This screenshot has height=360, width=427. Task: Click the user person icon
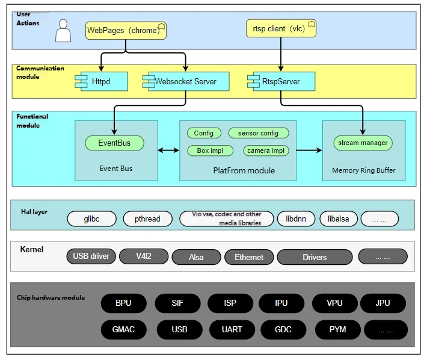pyautogui.click(x=63, y=31)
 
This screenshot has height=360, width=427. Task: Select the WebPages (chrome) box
pyautogui.click(x=126, y=31)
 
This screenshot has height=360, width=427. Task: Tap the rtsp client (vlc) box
pyautogui.click(x=281, y=28)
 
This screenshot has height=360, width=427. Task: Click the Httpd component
pyautogui.click(x=101, y=81)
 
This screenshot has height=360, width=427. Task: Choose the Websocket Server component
pyautogui.click(x=186, y=81)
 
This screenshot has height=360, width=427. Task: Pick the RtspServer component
pyautogui.click(x=281, y=81)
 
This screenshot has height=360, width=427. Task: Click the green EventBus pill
pyautogui.click(x=114, y=143)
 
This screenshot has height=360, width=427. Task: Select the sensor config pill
pyautogui.click(x=259, y=133)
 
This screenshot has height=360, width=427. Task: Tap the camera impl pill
pyautogui.click(x=266, y=151)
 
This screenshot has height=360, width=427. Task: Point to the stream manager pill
pyautogui.click(x=363, y=143)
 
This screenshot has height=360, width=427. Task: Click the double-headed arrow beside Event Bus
pyautogui.click(x=168, y=150)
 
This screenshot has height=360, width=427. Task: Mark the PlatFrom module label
pyautogui.click(x=244, y=170)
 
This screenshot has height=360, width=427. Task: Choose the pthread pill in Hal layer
pyautogui.click(x=147, y=219)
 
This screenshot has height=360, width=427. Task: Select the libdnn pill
pyautogui.click(x=296, y=219)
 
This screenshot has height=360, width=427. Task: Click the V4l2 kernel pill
pyautogui.click(x=144, y=256)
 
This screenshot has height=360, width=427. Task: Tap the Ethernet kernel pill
pyautogui.click(x=249, y=257)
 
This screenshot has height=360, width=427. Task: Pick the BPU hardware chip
pyautogui.click(x=124, y=303)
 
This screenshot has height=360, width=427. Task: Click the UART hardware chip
pyautogui.click(x=232, y=329)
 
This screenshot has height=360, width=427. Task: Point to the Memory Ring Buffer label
pyautogui.click(x=364, y=170)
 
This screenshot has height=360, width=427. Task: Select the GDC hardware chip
pyautogui.click(x=283, y=329)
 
